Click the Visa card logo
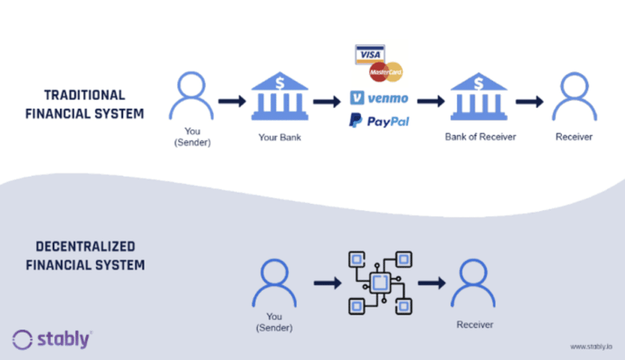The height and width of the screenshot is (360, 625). (370, 54)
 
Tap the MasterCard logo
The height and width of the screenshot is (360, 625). (386, 72)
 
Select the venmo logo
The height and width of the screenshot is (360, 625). (379, 98)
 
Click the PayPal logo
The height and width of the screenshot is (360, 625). (379, 121)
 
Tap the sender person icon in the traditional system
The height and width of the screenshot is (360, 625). (192, 96)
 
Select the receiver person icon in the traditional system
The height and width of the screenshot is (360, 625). (574, 96)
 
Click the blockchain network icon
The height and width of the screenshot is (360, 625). (378, 283)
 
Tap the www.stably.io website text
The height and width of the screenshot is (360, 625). (591, 347)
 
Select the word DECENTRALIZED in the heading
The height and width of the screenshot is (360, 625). (85, 247)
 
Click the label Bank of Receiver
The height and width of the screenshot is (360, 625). (480, 137)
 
